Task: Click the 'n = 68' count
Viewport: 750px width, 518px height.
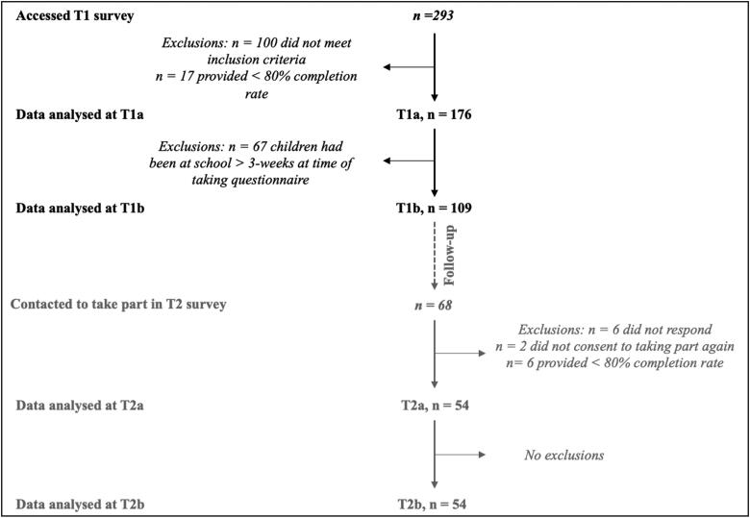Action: [436, 306]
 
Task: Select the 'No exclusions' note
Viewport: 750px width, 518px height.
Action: [564, 455]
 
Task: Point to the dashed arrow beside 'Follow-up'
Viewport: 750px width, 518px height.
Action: [436, 254]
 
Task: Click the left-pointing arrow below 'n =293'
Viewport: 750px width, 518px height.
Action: [409, 66]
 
